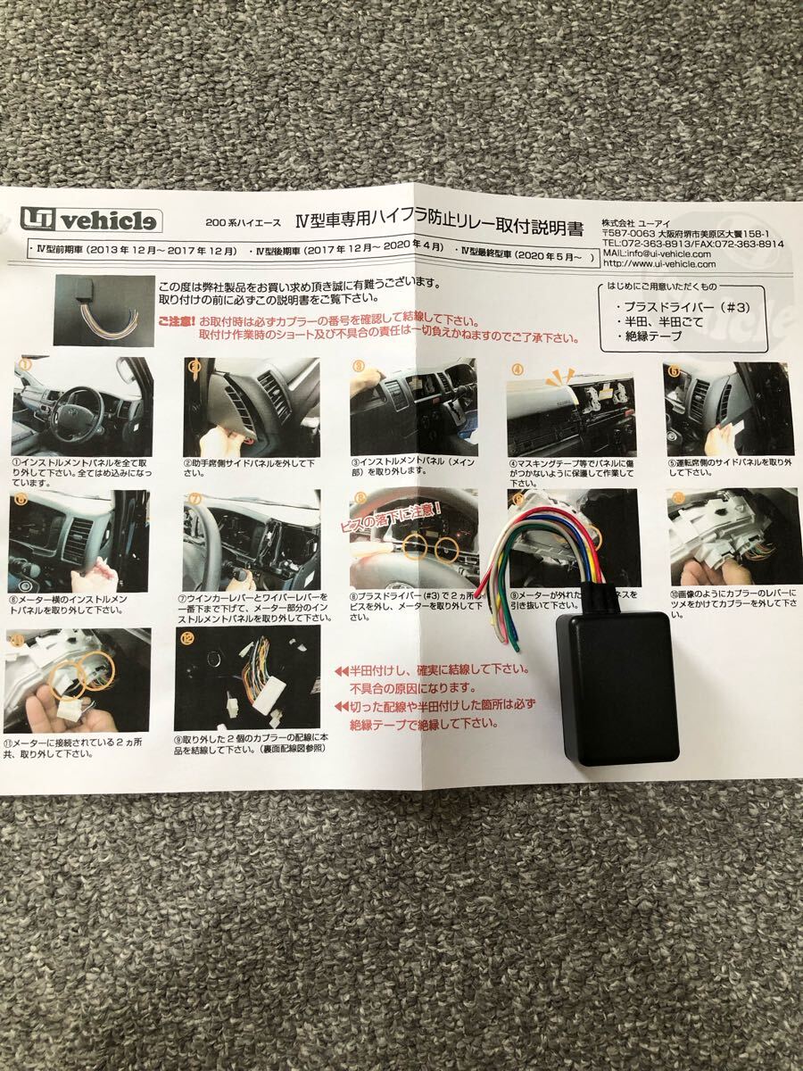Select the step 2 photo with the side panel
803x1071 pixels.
(238, 406)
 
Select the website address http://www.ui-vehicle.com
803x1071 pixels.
(658, 264)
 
